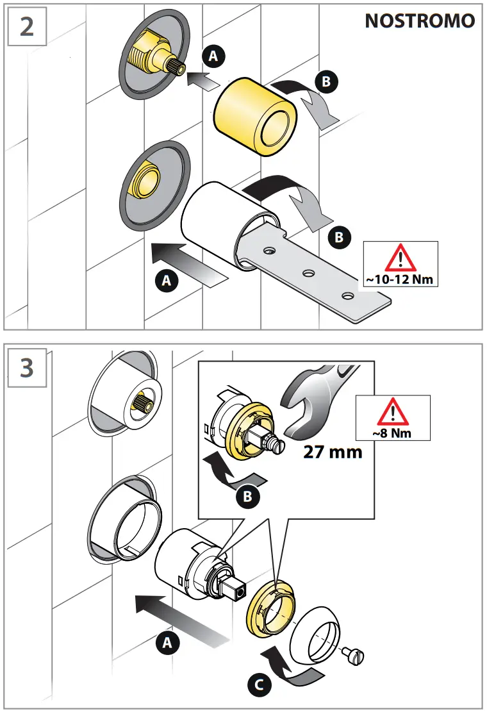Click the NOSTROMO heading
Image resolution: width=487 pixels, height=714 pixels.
420,21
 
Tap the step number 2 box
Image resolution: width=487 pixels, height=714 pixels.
27,28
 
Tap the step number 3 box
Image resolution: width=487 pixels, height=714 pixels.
27,367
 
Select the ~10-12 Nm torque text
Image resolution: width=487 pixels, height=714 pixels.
400,280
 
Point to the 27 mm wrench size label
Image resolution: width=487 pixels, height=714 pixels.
333,451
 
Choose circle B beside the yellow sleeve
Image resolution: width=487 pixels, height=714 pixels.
326,81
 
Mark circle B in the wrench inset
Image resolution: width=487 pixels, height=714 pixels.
247,495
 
